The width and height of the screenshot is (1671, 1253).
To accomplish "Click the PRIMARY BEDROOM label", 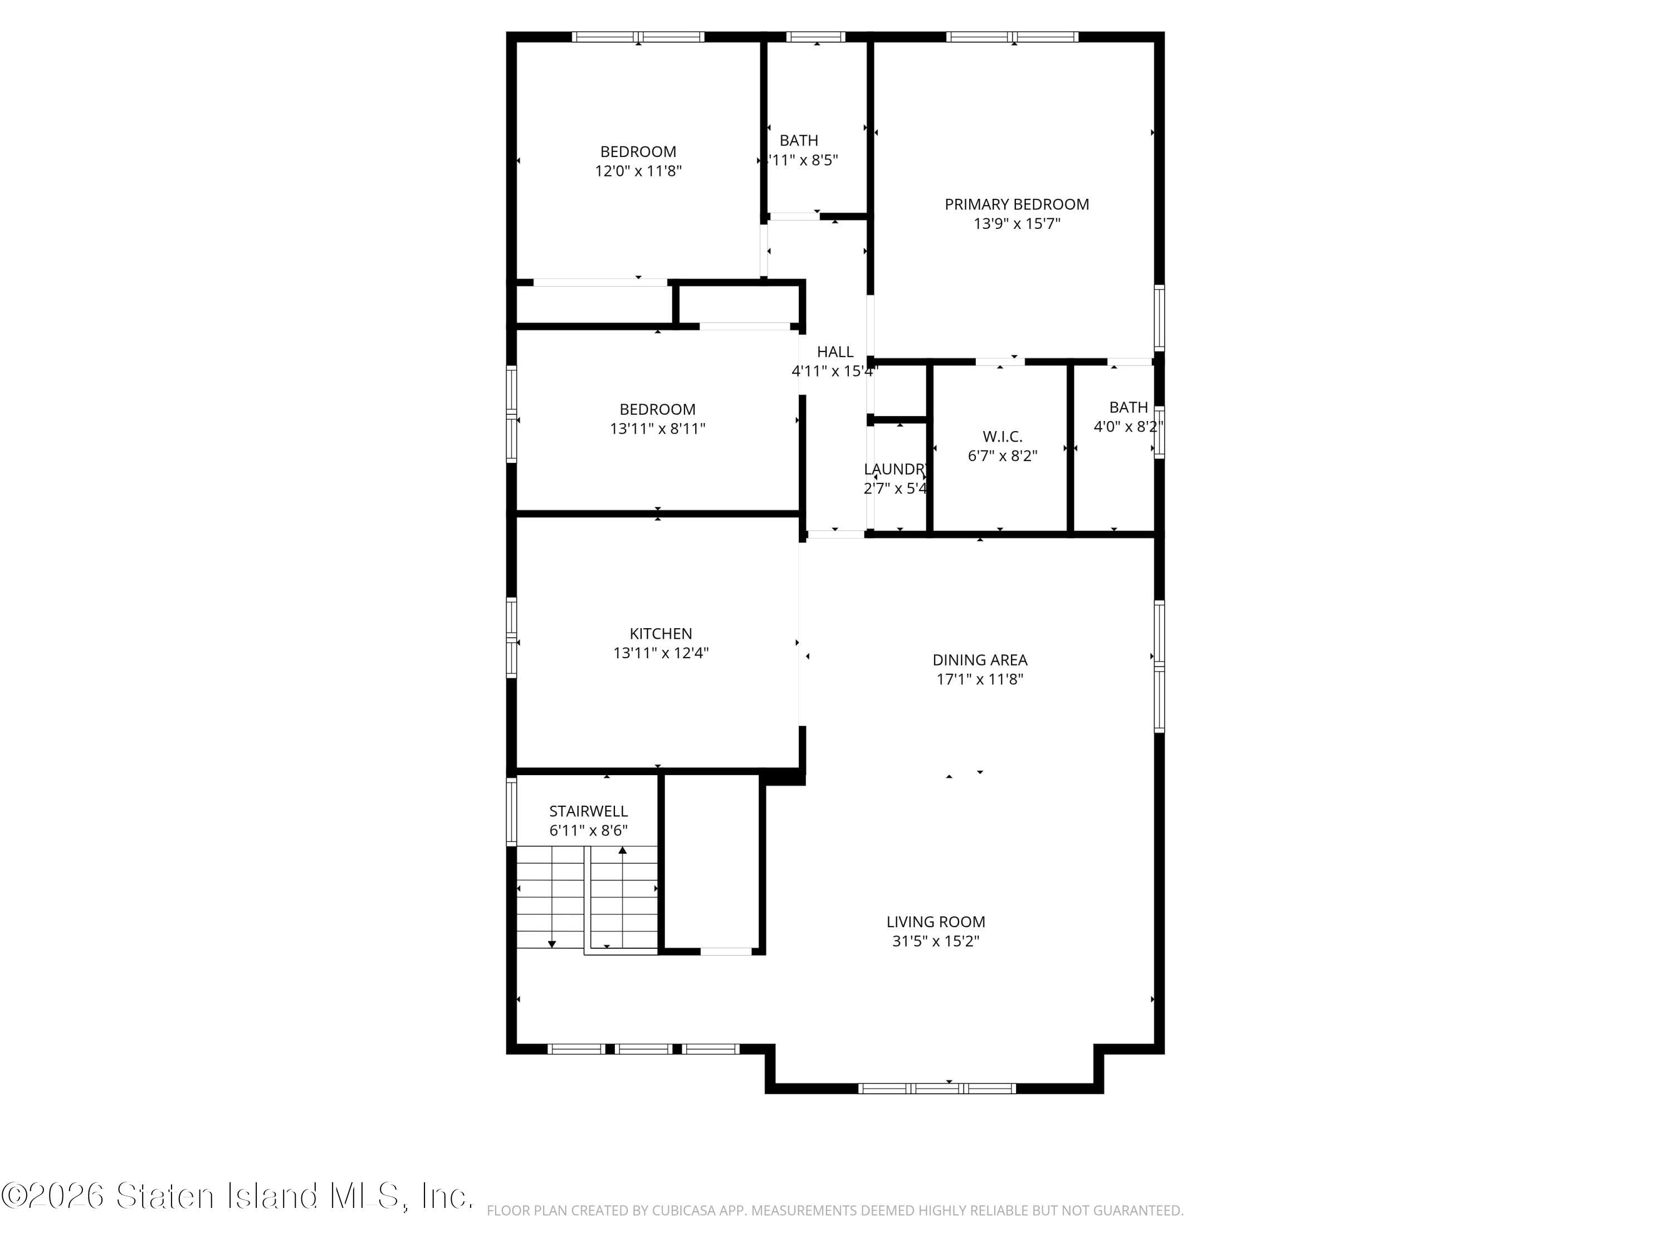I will [x=1016, y=204].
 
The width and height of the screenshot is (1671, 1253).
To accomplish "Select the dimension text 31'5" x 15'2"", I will [x=935, y=941].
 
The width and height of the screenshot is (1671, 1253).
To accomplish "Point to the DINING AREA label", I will [x=979, y=659].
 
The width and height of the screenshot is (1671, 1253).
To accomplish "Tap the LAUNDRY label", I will [x=895, y=469].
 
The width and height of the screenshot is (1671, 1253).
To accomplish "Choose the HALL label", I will [x=835, y=351].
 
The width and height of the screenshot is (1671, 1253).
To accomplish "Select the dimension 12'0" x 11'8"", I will [x=638, y=171].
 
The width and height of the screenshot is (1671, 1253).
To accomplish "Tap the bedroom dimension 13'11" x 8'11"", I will [x=657, y=429].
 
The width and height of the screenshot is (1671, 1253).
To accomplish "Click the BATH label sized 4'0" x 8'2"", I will [x=1128, y=407].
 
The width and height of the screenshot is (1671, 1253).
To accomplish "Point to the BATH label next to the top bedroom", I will [x=799, y=140].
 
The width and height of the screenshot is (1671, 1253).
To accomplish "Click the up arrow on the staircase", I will [x=623, y=850].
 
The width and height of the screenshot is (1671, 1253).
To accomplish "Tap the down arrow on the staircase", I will [x=551, y=944].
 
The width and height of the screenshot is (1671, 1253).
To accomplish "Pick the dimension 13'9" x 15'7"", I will [x=1016, y=223].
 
